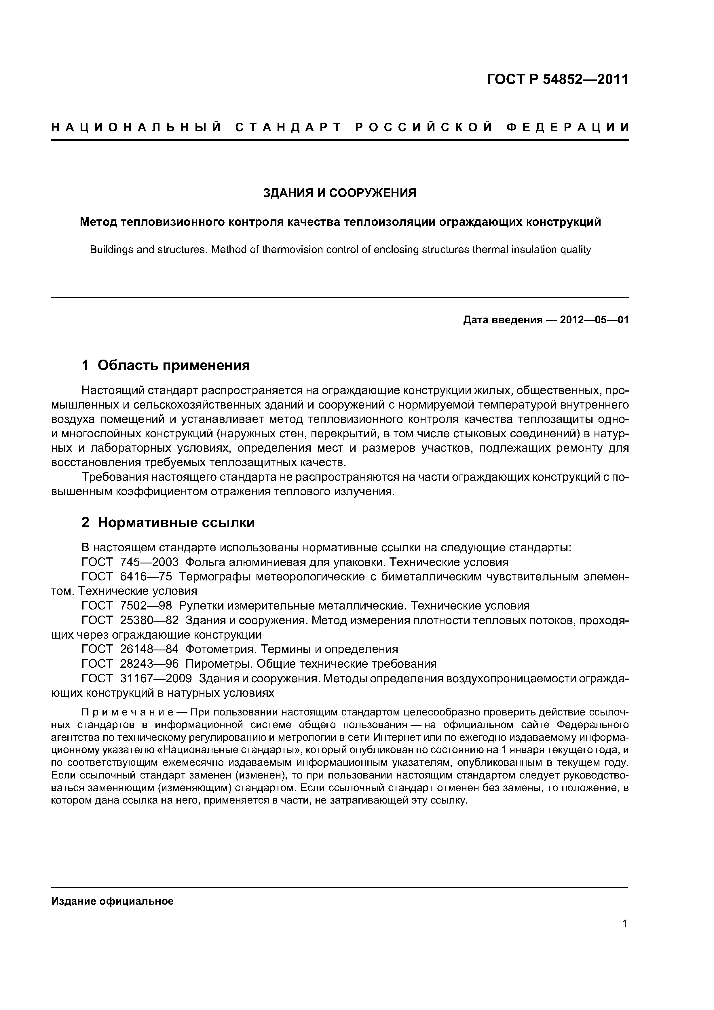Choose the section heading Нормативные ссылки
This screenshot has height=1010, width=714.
[176, 523]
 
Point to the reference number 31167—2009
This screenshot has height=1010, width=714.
[156, 678]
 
